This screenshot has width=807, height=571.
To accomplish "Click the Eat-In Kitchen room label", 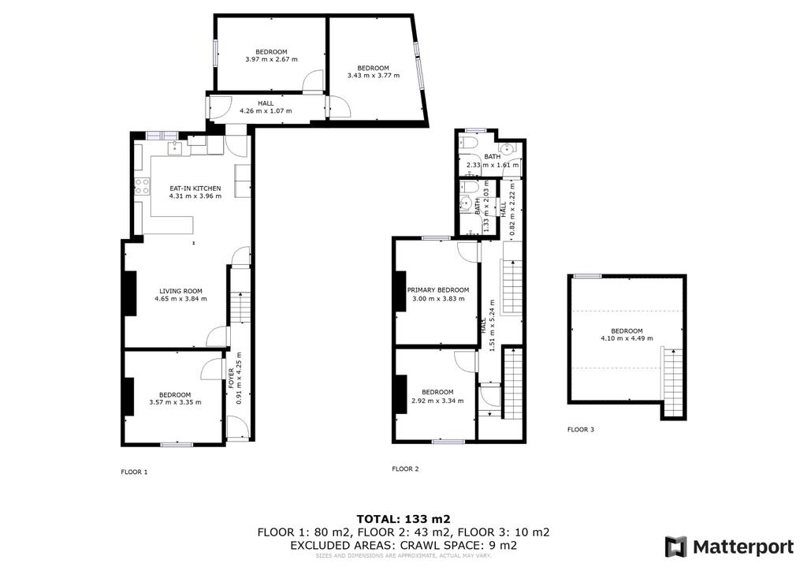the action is (x=195, y=188).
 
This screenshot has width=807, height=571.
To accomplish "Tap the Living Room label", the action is (x=180, y=291).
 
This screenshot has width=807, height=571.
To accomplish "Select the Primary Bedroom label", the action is (x=438, y=290).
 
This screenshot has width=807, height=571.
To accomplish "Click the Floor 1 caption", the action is (x=134, y=472).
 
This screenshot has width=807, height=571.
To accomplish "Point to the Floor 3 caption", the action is (x=581, y=429).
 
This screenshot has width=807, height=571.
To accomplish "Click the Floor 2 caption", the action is (x=406, y=469).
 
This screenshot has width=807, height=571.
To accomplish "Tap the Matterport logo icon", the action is (x=675, y=547).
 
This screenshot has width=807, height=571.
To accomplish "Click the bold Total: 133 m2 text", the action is (x=403, y=519).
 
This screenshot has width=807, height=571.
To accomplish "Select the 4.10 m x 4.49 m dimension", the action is (x=627, y=338).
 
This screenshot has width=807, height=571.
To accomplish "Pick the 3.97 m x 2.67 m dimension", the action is (x=271, y=59).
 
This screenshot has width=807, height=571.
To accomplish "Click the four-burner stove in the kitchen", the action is (x=142, y=186).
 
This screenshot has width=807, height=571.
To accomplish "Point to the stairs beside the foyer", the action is (x=240, y=308).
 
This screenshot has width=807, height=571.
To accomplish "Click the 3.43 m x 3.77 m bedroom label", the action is (x=374, y=72).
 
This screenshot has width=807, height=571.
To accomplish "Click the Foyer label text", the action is (x=232, y=379).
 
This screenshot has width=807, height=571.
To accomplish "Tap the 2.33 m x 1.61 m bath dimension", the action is (x=493, y=166).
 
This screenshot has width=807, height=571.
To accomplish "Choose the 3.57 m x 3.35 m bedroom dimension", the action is (x=175, y=403).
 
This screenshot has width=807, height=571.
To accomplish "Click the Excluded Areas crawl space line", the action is (x=403, y=545).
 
